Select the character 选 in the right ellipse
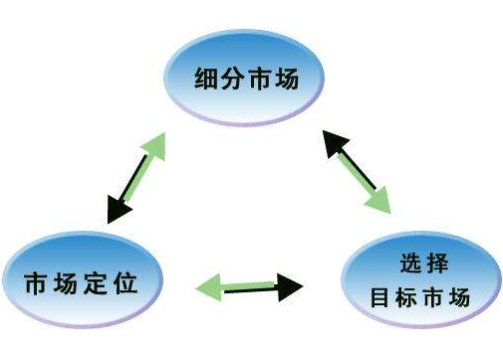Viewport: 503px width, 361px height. tap(404, 265)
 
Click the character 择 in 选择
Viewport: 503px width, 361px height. tap(435, 265)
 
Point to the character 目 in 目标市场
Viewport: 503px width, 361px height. tap(379, 296)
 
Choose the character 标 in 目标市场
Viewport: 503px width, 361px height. tap(405, 296)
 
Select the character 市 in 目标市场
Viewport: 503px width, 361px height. tap(432, 296)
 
